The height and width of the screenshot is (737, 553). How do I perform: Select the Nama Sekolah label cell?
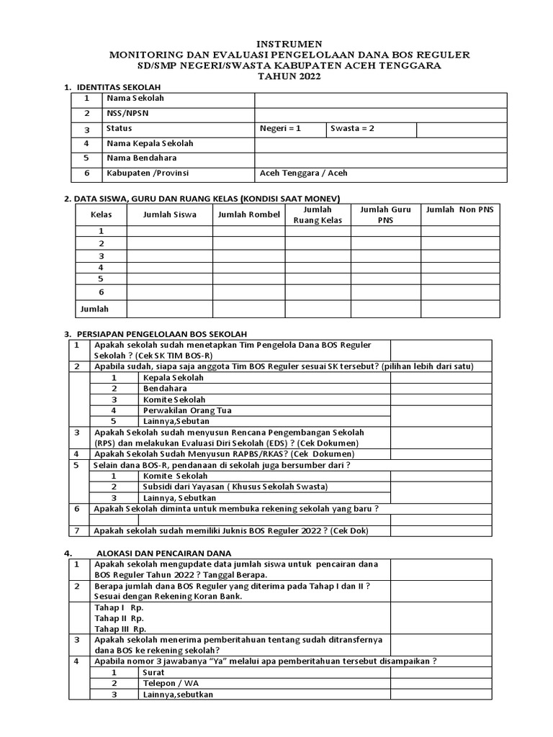coord(135,99)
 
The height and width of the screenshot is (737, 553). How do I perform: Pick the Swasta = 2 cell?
coord(353,129)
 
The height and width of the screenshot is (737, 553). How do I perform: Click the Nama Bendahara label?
coord(141,158)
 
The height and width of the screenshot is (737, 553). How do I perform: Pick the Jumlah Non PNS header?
coord(459,209)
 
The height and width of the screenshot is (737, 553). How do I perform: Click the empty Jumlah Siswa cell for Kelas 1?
coord(169,231)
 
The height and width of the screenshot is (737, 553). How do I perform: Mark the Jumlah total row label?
coord(94,309)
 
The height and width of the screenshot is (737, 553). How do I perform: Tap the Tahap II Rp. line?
coord(119,618)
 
